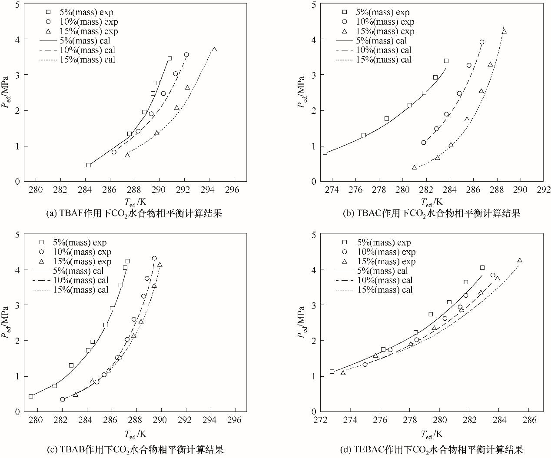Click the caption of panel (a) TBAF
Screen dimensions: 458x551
tap(134, 213)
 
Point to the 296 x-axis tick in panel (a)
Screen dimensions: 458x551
tap(234, 190)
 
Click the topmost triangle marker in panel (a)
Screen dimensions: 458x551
tap(214, 50)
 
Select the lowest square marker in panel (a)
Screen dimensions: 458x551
tap(89, 165)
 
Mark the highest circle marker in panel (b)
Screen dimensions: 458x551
tap(482, 42)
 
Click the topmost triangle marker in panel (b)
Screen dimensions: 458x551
tap(504, 31)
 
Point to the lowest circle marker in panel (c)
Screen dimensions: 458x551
tap(63, 399)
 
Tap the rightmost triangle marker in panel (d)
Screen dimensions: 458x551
tap(520, 260)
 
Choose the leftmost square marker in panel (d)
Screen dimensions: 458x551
tap(332, 372)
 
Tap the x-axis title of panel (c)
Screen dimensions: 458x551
tap(136, 434)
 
